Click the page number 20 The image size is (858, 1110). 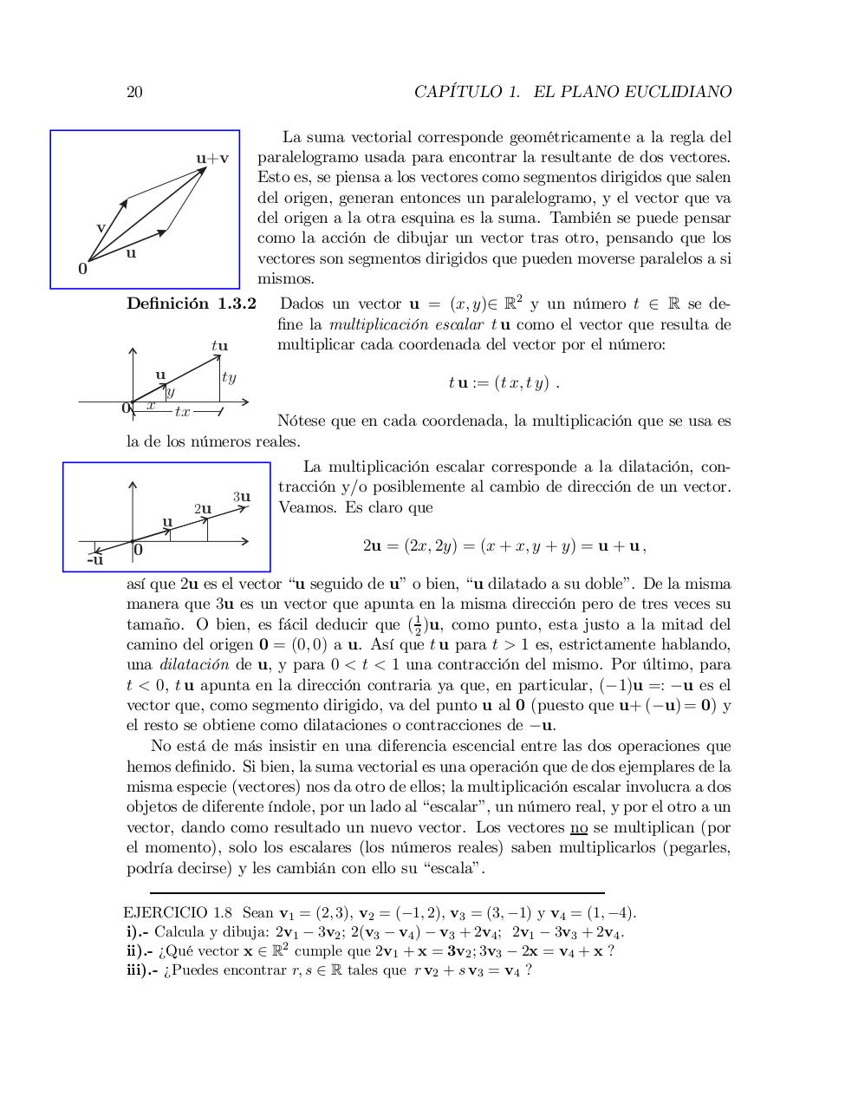[x=134, y=92]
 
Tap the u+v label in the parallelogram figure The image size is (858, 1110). [x=212, y=158]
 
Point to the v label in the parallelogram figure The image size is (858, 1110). [x=101, y=227]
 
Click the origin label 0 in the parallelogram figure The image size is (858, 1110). [x=82, y=269]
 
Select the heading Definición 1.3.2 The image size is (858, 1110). [x=192, y=304]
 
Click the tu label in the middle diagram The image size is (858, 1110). [x=219, y=345]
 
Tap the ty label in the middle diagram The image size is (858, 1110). [x=229, y=377]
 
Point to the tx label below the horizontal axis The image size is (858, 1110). [x=182, y=411]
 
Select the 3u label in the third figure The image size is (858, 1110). [x=242, y=497]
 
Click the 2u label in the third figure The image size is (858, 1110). [x=203, y=508]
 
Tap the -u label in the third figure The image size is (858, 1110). [x=95, y=560]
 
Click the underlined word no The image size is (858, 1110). [x=579, y=827]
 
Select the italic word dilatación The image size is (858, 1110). [x=194, y=664]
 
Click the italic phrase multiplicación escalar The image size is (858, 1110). [x=406, y=324]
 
